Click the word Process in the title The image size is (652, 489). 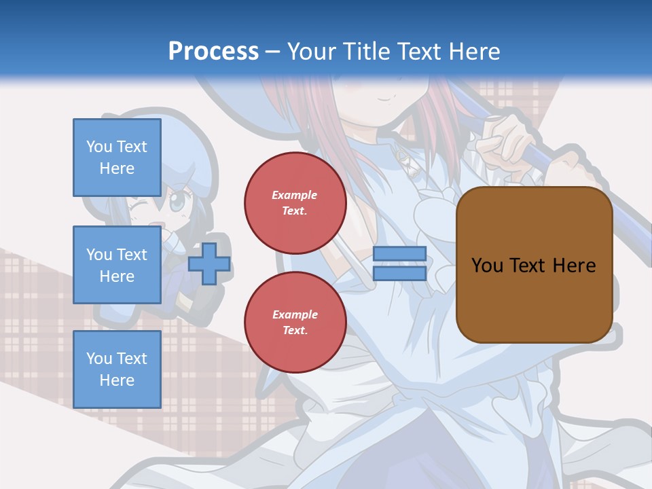coord(213,52)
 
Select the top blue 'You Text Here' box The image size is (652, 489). coord(117,157)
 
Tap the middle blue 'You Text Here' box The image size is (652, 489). coord(117,265)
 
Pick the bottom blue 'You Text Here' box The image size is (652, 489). coord(117,369)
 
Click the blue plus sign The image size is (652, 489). coord(209,264)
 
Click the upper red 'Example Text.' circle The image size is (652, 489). coord(295,203)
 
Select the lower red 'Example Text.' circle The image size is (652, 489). coord(295,323)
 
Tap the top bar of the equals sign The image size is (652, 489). coord(399,254)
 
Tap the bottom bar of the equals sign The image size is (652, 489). coord(399,273)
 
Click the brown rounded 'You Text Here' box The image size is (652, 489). coord(534,264)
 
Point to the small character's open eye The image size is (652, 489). coord(177,201)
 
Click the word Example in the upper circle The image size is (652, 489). coord(295,195)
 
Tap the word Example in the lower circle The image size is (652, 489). coord(295,314)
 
